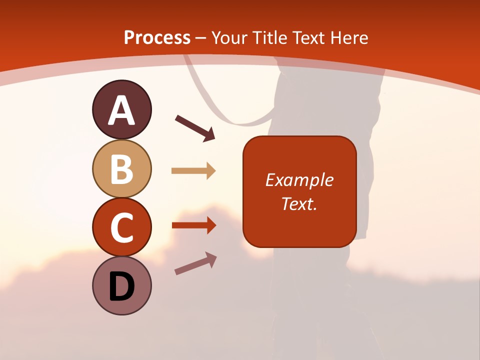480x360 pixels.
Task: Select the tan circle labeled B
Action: [121, 168]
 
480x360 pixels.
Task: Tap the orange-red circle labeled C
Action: [121, 227]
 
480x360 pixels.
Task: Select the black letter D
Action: [121, 287]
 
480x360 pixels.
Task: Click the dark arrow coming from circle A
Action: [195, 128]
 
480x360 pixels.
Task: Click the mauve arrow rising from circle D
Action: [195, 263]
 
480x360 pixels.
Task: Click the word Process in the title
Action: [157, 38]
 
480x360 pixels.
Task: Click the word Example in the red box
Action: [299, 180]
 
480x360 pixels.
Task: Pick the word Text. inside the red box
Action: [299, 204]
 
